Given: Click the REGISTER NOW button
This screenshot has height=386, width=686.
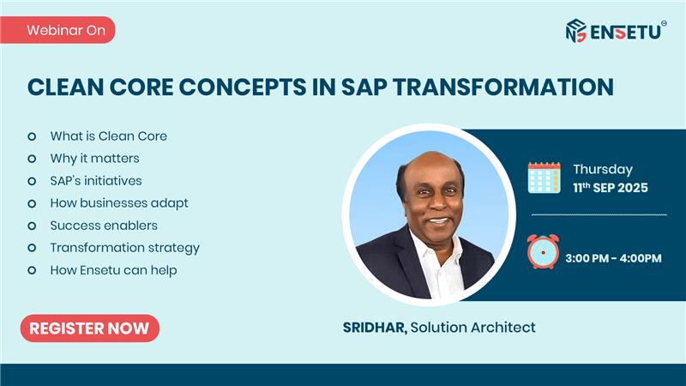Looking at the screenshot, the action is point(90,329).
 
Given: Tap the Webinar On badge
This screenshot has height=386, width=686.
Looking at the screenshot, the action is point(57,30).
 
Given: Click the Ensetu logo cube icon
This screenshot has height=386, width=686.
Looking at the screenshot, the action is point(575,31).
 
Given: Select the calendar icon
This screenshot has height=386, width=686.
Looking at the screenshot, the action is point(544,178).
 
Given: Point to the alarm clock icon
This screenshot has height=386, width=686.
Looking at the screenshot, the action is point(543,251).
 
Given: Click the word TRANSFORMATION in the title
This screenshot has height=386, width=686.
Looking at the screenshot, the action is point(503,87).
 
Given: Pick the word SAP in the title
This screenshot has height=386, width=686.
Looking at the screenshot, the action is point(364,87).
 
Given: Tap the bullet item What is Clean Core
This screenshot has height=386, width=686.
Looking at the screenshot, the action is point(109,136).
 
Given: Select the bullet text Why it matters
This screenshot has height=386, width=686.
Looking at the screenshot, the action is point(94,159).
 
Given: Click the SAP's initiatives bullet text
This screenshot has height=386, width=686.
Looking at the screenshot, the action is point(96,181).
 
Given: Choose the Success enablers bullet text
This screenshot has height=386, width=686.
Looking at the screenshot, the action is point(104,226).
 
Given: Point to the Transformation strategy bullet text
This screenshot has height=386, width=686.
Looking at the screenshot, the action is point(124,248).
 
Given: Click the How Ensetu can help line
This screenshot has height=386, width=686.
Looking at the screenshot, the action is point(113,270).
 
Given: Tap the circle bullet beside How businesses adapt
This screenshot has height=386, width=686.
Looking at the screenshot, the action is point(32,203).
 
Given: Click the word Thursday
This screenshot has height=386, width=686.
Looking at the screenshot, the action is point(603,169).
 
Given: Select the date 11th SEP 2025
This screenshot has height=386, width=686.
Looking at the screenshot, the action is point(611,188).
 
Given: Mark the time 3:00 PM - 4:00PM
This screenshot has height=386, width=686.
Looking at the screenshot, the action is point(613,258).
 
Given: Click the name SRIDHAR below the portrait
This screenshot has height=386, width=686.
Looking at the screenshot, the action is point(375,328).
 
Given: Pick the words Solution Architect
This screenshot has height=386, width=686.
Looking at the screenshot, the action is point(473,328).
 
